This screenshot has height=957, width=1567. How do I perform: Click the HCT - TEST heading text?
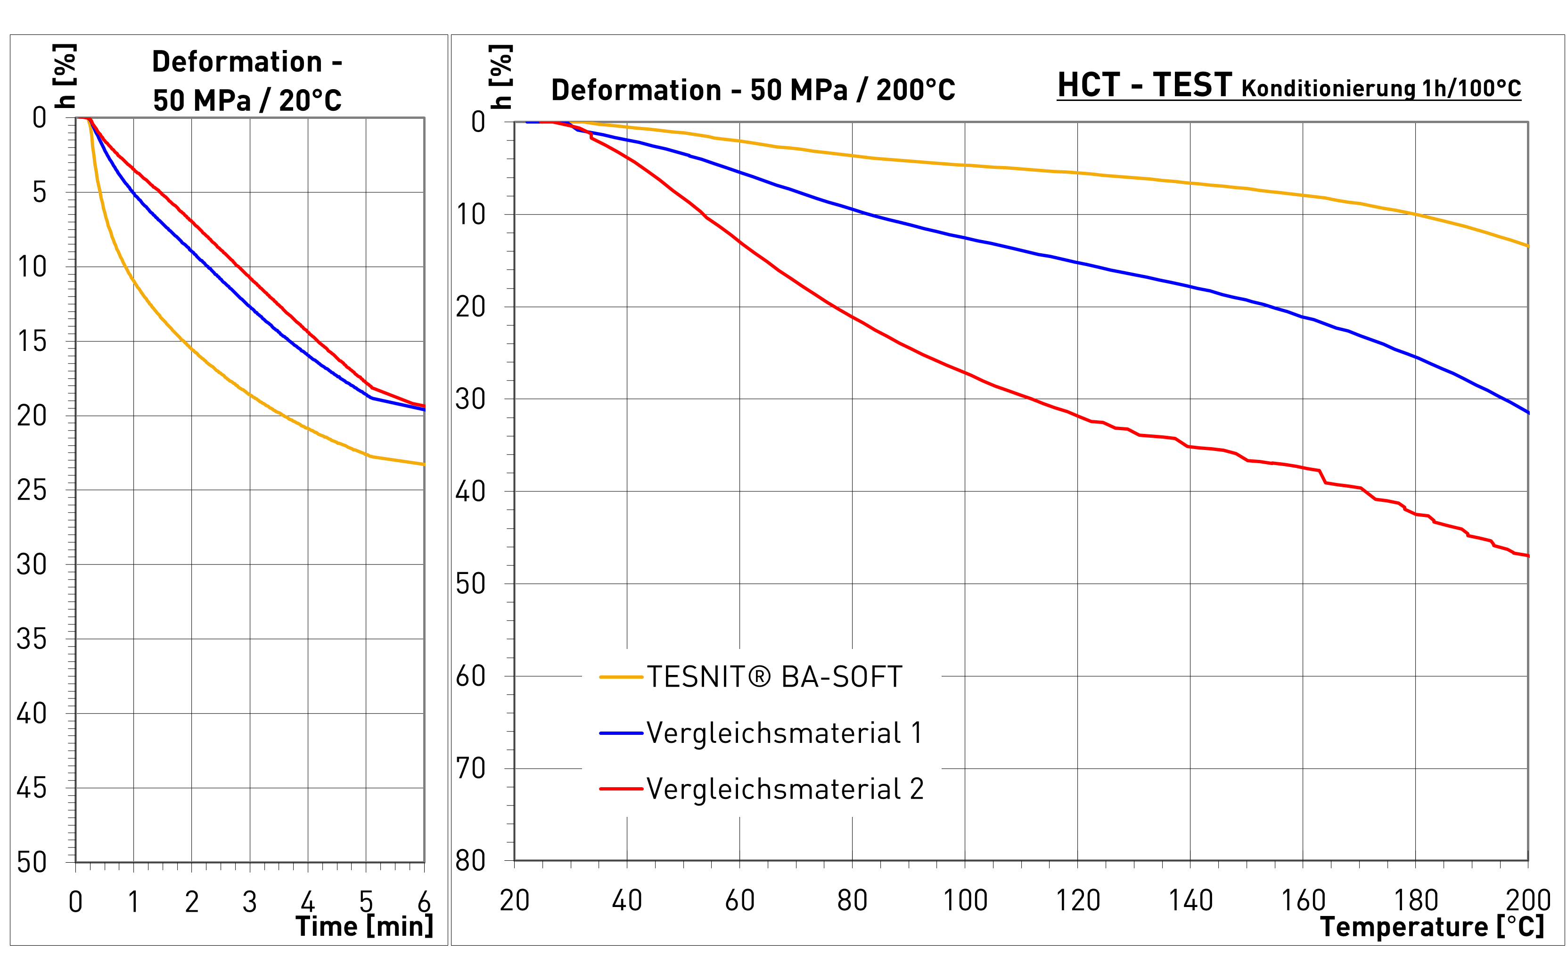(1145, 84)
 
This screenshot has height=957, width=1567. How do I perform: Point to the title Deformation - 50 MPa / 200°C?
(753, 90)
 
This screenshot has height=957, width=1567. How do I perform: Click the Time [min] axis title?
(364, 926)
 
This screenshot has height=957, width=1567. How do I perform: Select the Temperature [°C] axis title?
(1432, 926)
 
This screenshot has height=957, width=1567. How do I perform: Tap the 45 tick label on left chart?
(32, 788)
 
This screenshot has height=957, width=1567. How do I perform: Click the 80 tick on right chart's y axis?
(471, 860)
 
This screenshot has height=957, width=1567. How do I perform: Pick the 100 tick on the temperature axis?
(965, 900)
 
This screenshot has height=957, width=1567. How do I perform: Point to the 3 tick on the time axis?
(249, 902)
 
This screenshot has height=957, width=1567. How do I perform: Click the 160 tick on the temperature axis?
(1303, 900)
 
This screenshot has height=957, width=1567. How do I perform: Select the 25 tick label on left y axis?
(32, 490)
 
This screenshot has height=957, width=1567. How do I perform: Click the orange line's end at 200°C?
(1527, 246)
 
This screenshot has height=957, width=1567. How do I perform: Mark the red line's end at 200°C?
(1527, 556)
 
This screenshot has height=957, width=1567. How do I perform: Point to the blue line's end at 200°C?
(1527, 413)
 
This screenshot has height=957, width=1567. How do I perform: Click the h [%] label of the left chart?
(65, 76)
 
